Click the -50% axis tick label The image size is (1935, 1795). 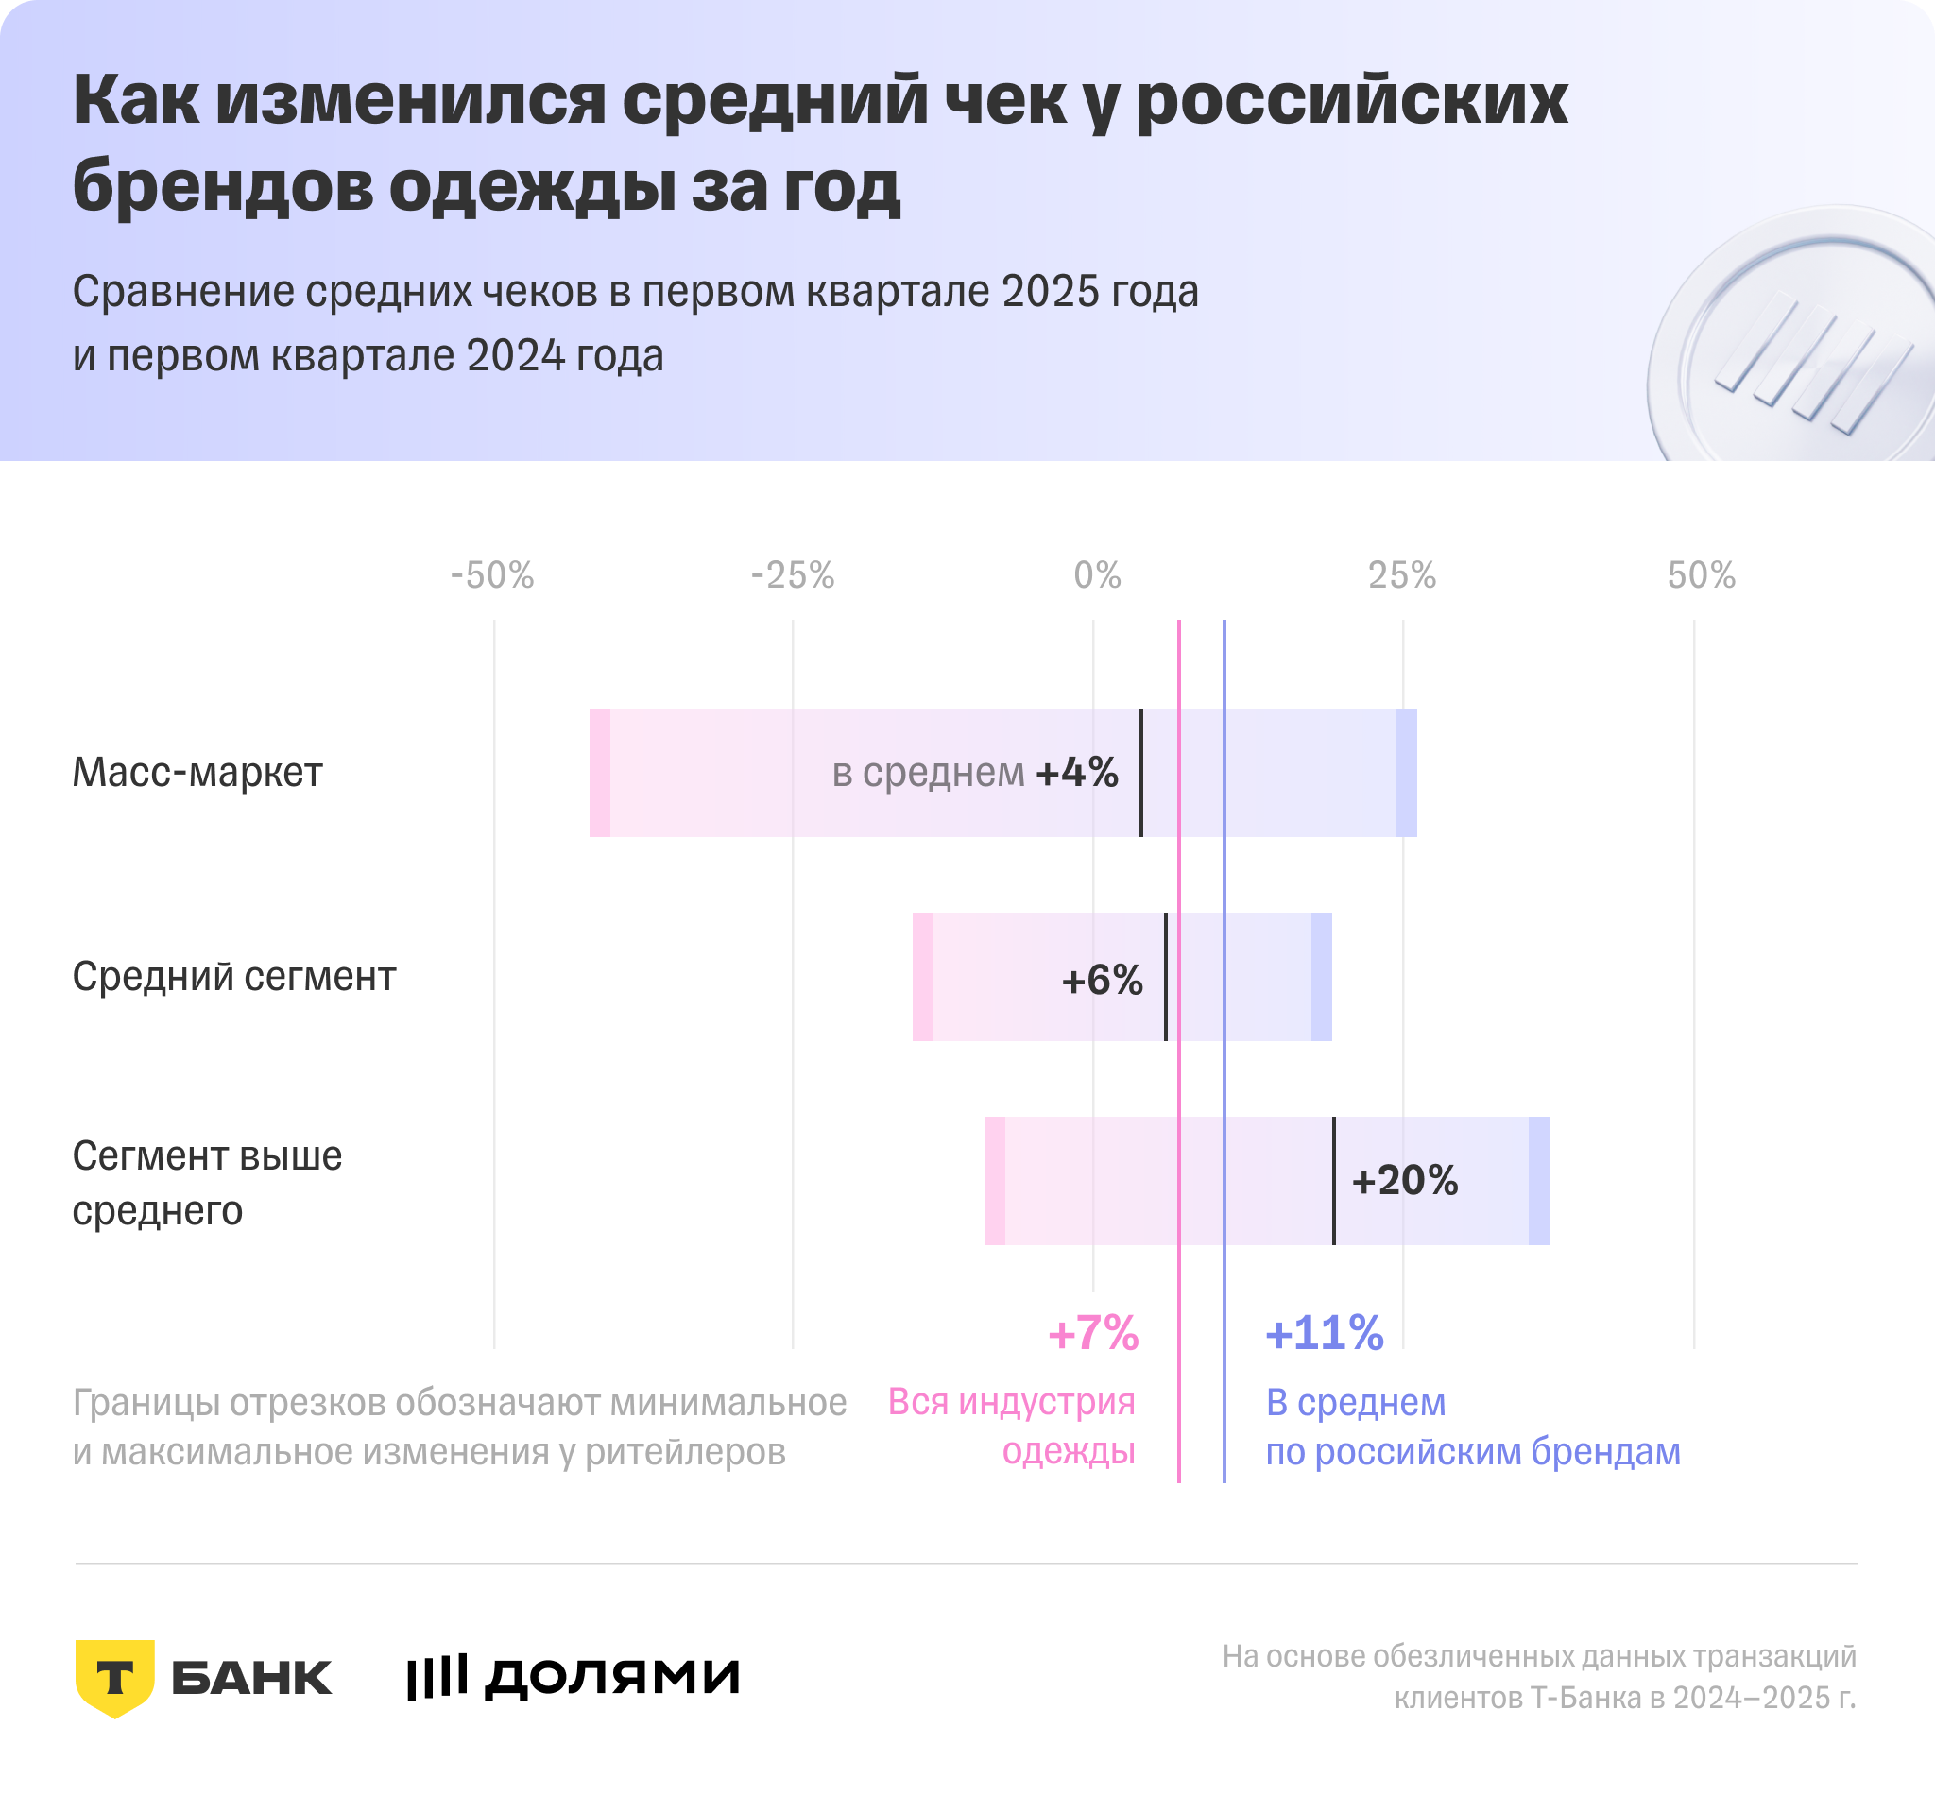[492, 576]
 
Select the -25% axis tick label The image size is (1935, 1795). [793, 576]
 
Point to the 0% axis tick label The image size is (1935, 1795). [1097, 576]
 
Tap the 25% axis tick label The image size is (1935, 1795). [1402, 576]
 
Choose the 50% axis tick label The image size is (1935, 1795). [1701, 576]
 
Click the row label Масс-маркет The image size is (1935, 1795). [197, 773]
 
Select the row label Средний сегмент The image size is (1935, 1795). [234, 977]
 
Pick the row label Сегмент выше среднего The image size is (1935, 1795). [207, 1183]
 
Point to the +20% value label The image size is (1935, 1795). [1405, 1181]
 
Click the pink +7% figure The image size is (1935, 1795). [1093, 1334]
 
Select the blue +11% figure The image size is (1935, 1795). [1324, 1334]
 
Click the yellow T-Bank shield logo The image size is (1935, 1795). [114, 1678]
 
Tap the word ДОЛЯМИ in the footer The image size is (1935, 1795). [612, 1678]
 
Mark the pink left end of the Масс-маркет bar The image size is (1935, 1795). [600, 773]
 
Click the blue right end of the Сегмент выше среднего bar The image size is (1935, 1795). [1539, 1181]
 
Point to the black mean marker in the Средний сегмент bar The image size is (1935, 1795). [1166, 977]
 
